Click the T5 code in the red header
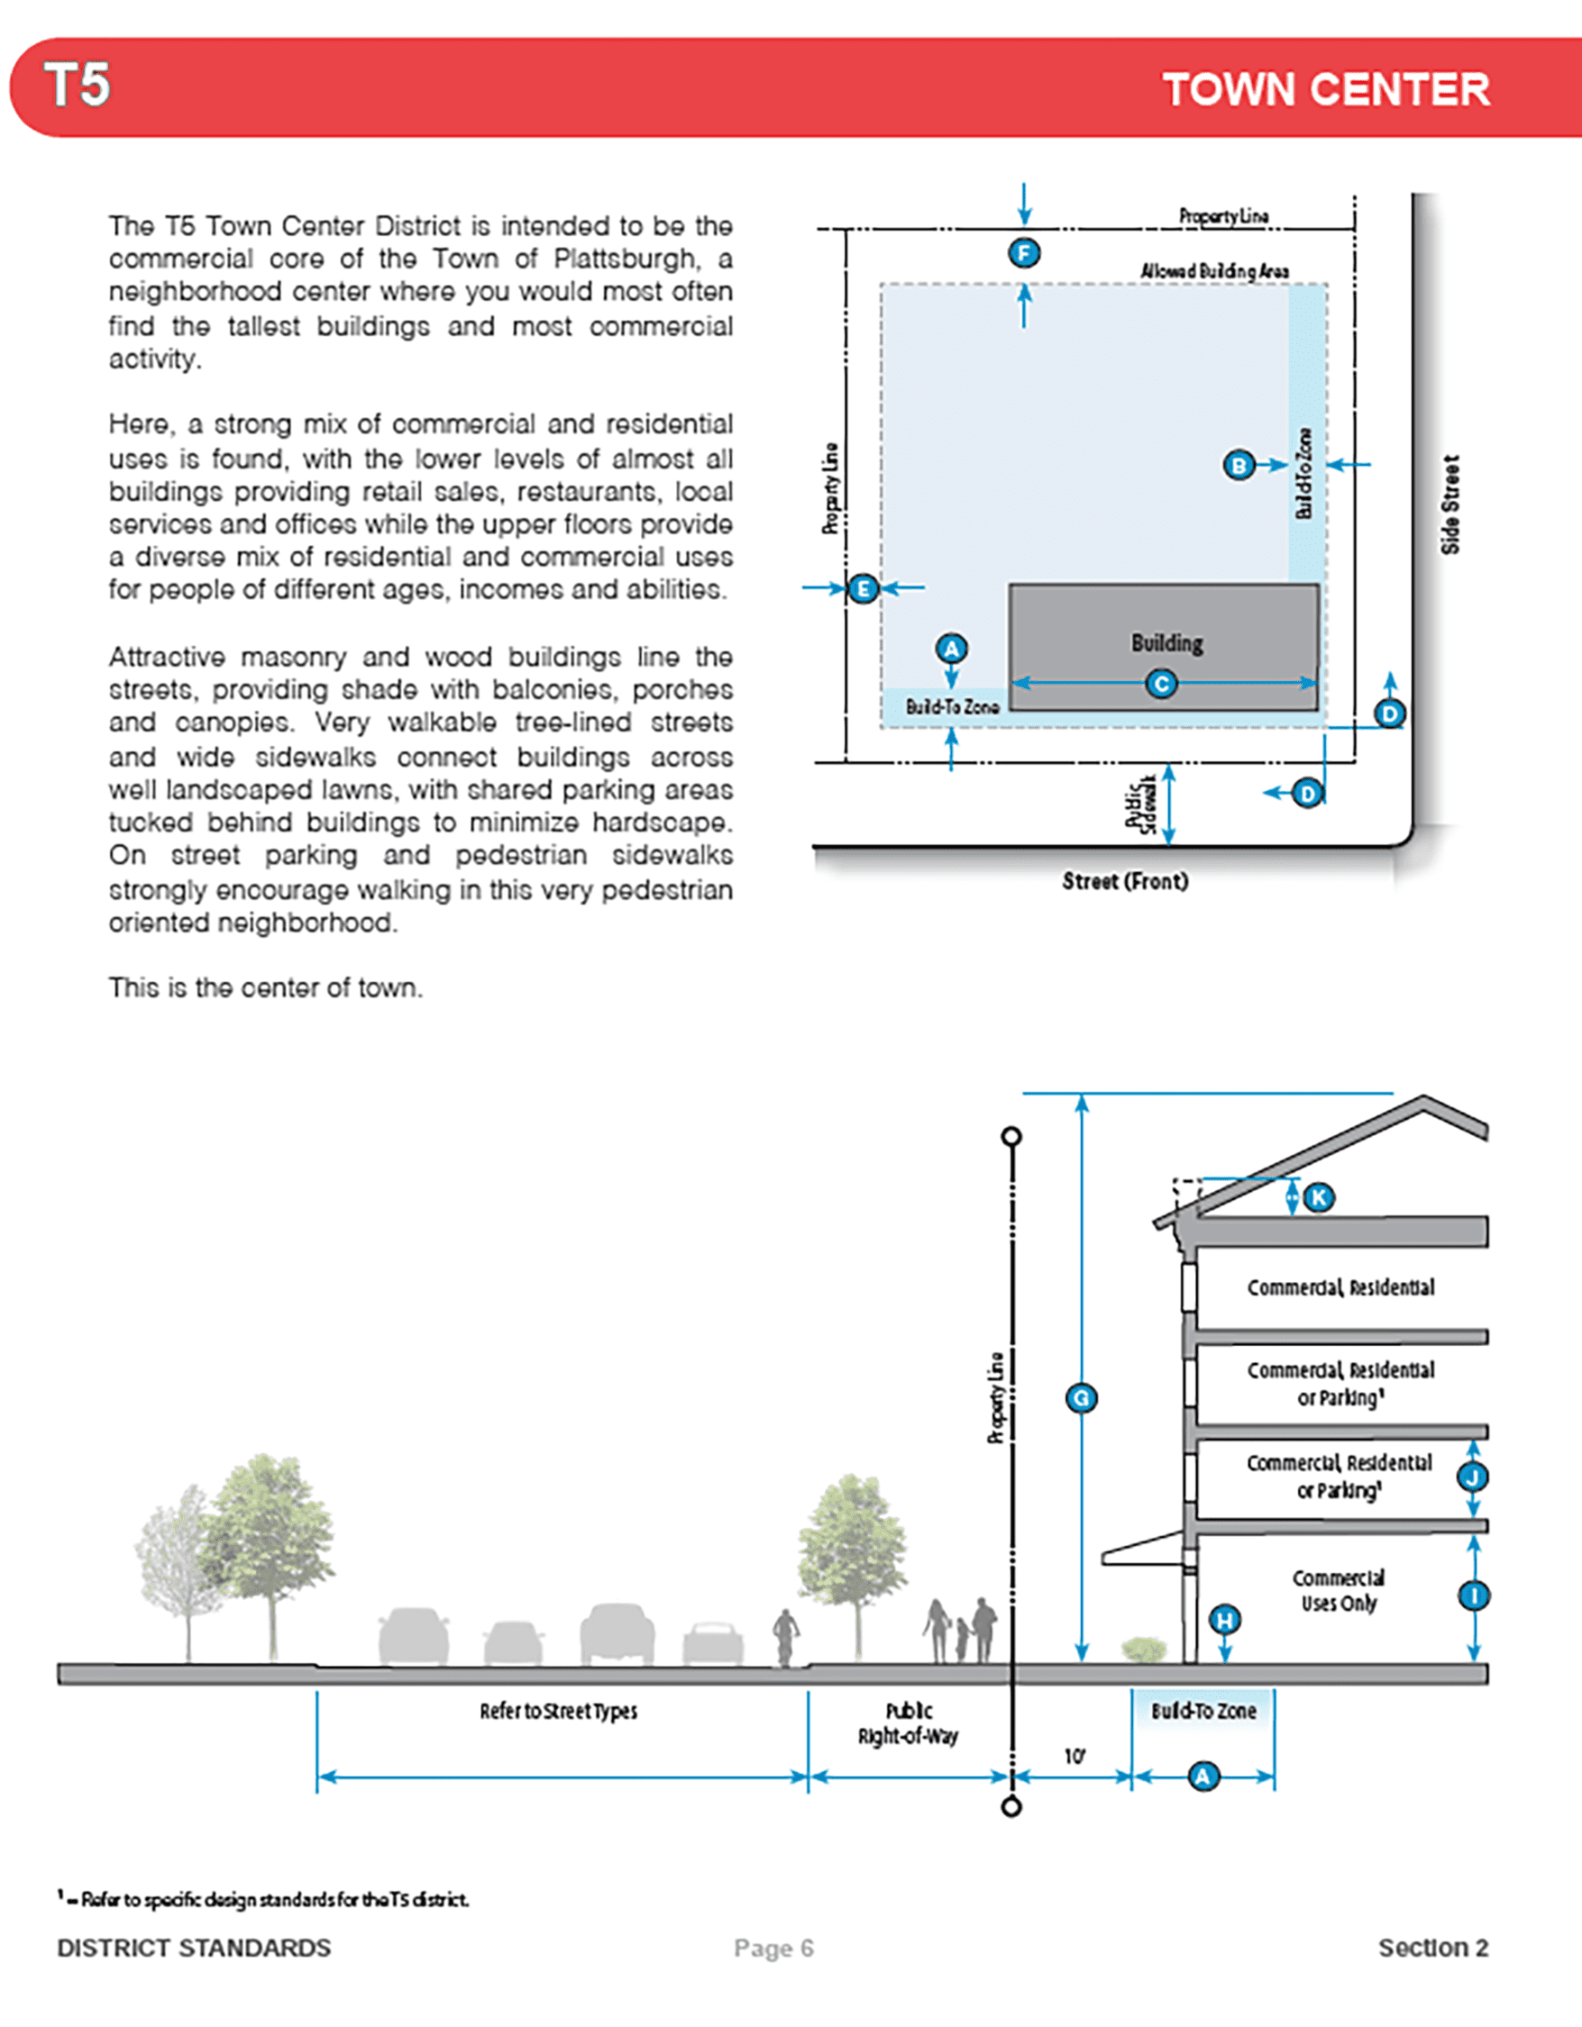77,86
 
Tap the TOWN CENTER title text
1326,90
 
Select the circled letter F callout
1024,253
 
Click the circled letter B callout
1239,465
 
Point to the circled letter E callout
864,588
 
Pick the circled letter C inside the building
1161,684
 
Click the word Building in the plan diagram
1167,643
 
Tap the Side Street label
1450,504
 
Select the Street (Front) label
1125,881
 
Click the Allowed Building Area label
1214,271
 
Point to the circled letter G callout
1082,1399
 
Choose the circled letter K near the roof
1318,1197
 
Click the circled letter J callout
1473,1477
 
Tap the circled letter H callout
1226,1621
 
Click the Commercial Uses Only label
1338,1591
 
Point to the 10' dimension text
1074,1757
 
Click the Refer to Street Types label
558,1712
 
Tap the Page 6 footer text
773,1948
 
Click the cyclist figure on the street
786,1637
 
